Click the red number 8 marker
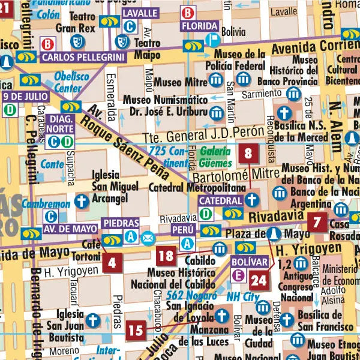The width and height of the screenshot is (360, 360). point(248,154)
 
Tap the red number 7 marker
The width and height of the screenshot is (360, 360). point(317,223)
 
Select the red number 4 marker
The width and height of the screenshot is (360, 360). point(112,262)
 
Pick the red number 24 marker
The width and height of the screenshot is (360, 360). point(259,279)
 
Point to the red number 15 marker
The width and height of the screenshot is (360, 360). point(136,329)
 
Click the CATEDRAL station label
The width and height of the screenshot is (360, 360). point(220,200)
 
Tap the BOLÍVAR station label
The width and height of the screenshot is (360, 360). point(248,262)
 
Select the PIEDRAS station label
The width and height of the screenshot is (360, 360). point(121,223)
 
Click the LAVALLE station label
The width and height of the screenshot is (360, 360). point(141,13)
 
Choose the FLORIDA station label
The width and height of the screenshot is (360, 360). point(200,26)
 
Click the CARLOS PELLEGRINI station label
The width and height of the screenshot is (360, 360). point(83,57)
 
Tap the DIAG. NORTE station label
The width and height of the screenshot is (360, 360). point(60,124)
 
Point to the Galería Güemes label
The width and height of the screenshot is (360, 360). point(215,157)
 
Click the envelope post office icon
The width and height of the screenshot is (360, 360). point(148,238)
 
